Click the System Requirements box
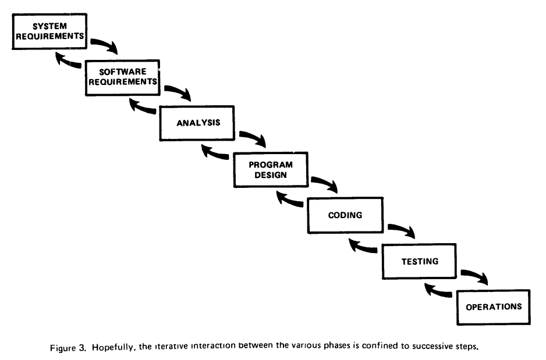tap(49, 31)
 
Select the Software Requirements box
tap(123, 77)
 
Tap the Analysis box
tap(197, 123)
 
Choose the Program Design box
tap(271, 170)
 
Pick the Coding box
tap(345, 215)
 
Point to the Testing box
tap(419, 261)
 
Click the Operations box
tap(494, 307)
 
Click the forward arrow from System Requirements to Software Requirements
tap(105, 45)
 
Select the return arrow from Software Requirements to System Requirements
tap(67, 60)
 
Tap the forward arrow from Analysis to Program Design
tap(254, 137)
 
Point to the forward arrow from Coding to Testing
tap(403, 229)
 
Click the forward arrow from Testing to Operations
tap(476, 276)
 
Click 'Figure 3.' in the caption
tap(68, 348)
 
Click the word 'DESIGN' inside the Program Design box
tap(271, 175)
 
